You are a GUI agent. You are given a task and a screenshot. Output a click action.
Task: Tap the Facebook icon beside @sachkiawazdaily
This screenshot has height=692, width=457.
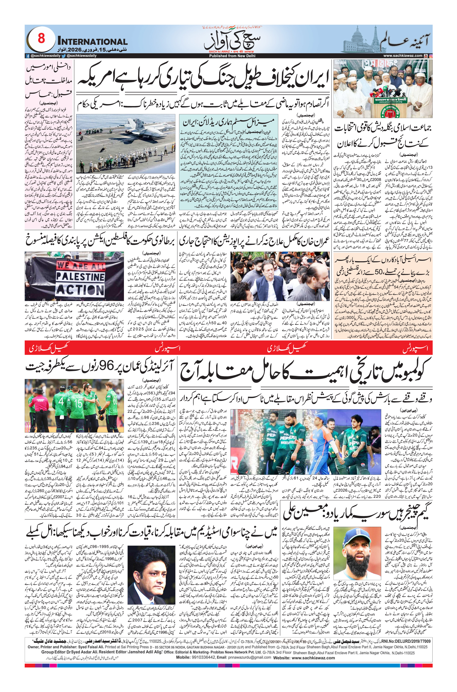click(27, 56)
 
